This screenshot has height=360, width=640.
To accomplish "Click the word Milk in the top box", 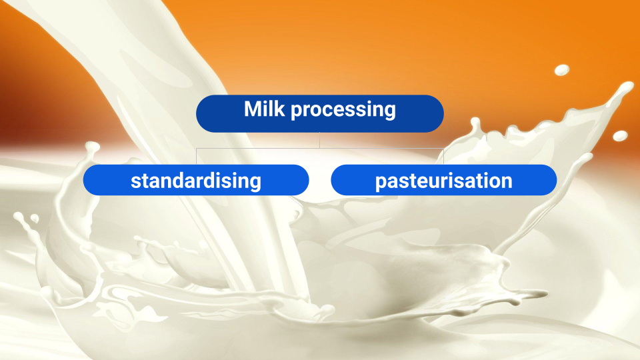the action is (264, 109).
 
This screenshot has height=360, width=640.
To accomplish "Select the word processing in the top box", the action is (343, 111).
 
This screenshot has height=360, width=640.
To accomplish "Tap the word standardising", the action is (196, 181).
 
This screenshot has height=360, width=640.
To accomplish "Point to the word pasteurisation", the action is (444, 181).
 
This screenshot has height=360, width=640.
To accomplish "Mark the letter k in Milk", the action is (279, 109).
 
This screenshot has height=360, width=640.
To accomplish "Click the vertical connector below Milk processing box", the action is (319, 140).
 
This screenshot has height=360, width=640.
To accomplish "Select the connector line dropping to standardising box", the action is (196, 156).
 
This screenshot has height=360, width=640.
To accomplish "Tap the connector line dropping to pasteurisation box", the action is (444, 156).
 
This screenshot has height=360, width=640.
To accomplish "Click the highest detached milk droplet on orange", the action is (562, 70).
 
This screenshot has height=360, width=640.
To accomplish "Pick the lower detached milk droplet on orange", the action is (620, 136).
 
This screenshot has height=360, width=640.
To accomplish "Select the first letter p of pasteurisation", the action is (381, 183).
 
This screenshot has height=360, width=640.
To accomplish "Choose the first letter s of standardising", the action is (135, 181).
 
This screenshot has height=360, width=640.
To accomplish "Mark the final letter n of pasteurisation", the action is (507, 181).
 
